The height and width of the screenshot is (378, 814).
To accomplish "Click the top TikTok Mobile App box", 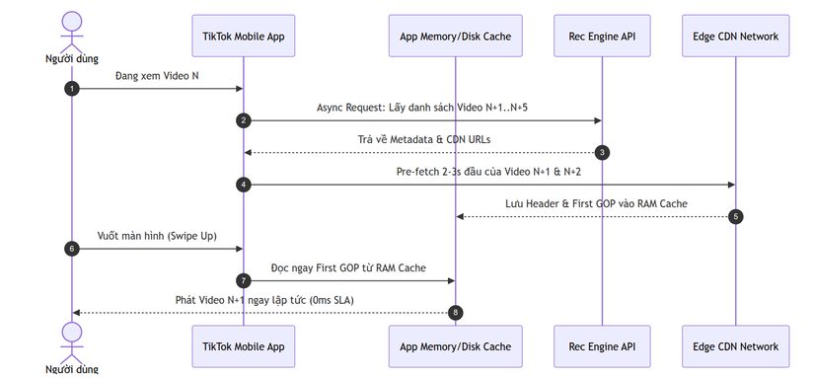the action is [x=244, y=36].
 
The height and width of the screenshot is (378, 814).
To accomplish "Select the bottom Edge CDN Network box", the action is [x=736, y=346].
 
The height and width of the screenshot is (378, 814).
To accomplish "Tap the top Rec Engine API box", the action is [x=602, y=36].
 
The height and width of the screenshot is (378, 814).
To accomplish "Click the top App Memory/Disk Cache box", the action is [x=455, y=36].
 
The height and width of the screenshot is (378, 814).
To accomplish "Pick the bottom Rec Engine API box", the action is [x=602, y=346].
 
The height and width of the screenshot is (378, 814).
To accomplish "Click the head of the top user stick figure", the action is [x=72, y=21].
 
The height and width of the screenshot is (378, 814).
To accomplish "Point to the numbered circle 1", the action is [x=72, y=89].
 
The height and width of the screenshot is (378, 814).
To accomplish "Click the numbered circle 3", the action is [x=602, y=153].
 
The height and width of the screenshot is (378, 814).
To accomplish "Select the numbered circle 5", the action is [x=736, y=216].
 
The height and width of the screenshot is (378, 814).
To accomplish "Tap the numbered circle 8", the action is [x=455, y=313].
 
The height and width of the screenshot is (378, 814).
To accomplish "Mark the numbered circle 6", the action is [x=72, y=249].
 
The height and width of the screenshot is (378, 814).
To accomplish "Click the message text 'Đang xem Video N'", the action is [x=157, y=76].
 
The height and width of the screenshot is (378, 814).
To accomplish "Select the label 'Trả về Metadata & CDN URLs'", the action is [x=423, y=140].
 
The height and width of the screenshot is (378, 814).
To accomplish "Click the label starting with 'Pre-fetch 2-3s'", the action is [x=488, y=172].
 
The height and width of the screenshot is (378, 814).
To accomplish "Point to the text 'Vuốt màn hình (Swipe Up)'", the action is [x=157, y=236].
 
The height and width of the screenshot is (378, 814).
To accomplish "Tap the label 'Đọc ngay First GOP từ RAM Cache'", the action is [x=348, y=267].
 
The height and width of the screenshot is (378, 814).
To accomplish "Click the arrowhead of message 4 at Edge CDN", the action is [x=732, y=185].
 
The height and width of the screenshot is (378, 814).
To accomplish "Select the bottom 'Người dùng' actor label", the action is [x=72, y=370].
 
